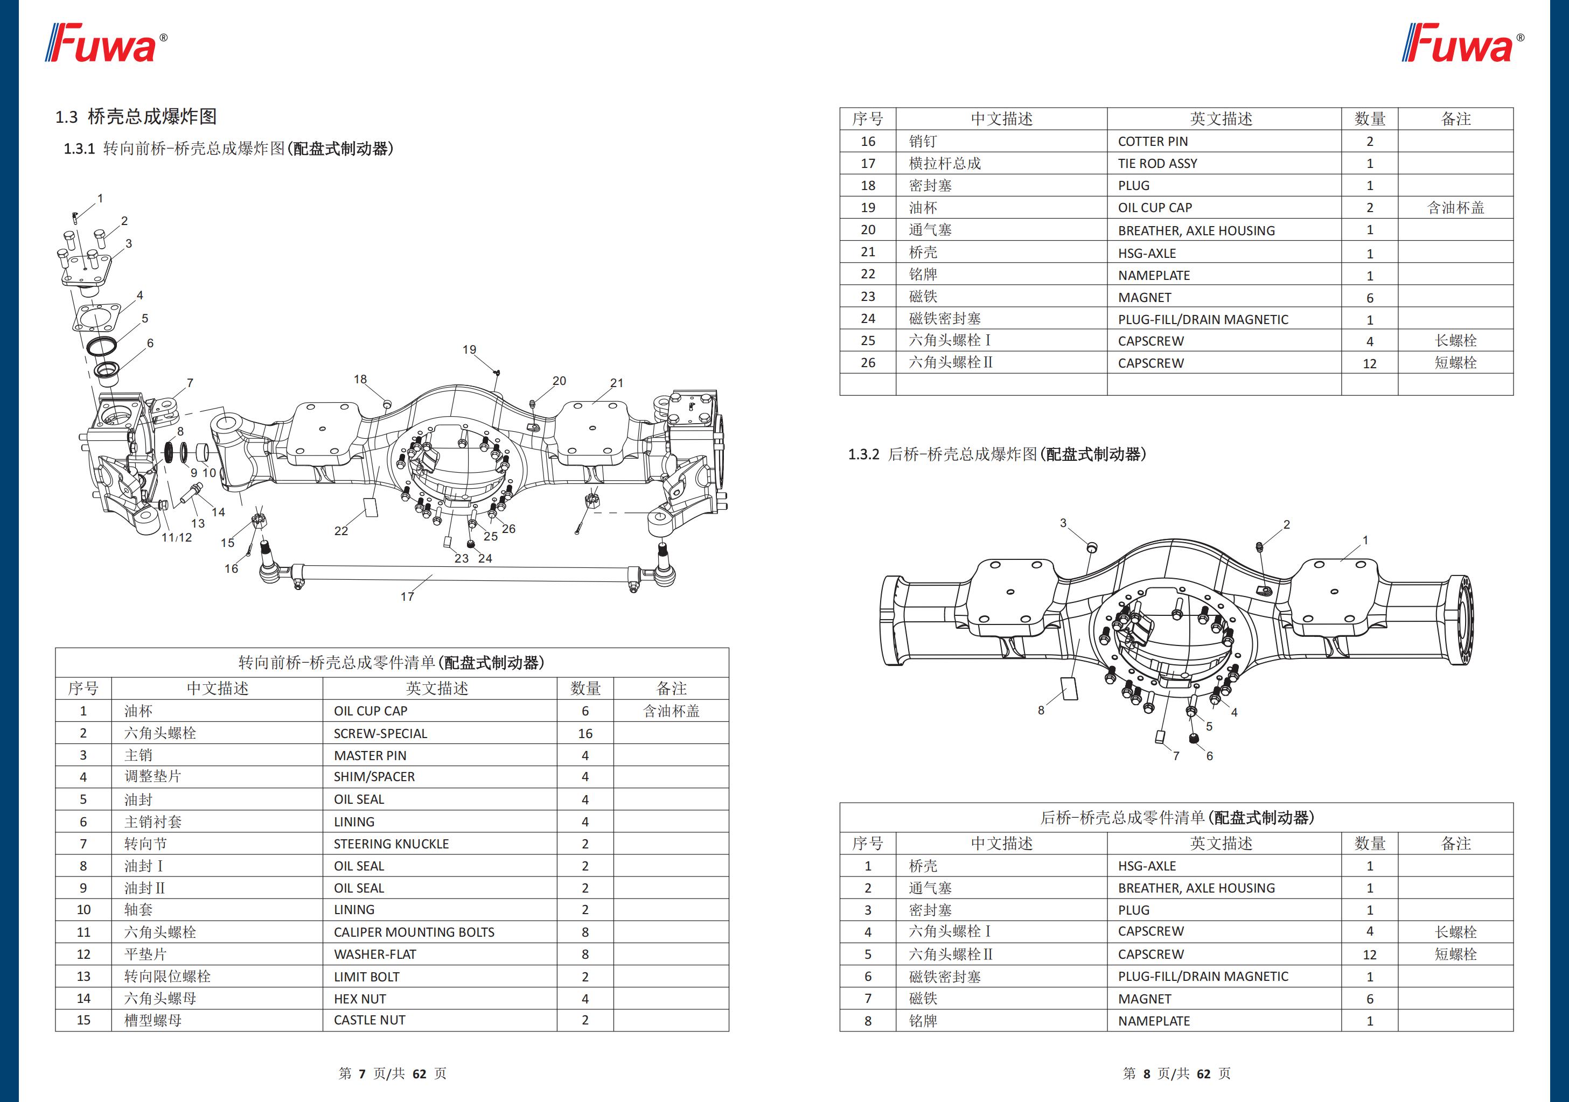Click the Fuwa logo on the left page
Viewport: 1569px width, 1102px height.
[x=106, y=44]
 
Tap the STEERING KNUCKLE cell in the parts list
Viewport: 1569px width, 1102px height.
[x=391, y=844]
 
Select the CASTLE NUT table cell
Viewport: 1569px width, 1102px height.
[x=369, y=1020]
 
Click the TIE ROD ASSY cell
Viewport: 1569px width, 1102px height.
[x=1157, y=163]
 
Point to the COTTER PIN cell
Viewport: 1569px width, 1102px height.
[x=1152, y=142]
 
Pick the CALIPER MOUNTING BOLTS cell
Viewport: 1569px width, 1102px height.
[x=414, y=932]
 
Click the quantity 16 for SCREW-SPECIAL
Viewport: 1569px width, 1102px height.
[x=585, y=733]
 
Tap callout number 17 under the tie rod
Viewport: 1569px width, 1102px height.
[x=407, y=596]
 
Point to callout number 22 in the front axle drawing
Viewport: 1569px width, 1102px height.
[x=341, y=531]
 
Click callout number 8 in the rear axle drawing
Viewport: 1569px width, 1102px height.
[x=1041, y=710]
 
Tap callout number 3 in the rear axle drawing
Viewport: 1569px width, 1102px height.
[x=1063, y=523]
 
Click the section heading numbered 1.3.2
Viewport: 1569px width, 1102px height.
[x=996, y=454]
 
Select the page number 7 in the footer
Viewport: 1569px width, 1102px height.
[x=362, y=1073]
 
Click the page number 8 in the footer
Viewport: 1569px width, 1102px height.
[x=1147, y=1073]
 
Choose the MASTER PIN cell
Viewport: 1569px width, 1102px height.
[x=369, y=756]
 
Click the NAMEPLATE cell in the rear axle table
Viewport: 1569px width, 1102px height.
[x=1154, y=1021]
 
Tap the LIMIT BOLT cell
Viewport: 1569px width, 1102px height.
[x=366, y=977]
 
